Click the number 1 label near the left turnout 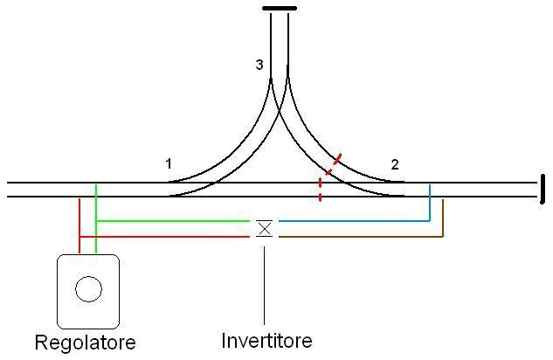169,163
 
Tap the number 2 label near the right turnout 395,164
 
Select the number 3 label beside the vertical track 259,65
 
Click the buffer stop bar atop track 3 279,9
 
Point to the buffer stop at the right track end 542,190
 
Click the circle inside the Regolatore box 88,289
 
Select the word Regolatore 85,342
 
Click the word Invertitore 266,340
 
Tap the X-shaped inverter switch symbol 264,228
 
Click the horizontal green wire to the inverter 175,221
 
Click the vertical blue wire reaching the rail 430,203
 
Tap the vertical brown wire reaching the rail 443,218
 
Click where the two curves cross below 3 280,91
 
